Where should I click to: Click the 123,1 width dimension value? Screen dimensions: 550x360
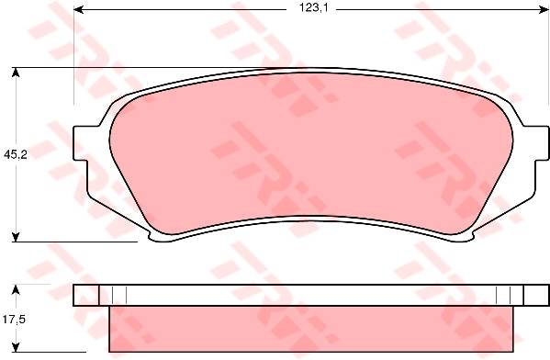coord(313,8)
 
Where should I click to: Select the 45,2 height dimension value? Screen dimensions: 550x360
coord(16,154)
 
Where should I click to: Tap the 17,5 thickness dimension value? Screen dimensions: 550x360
coord(14,320)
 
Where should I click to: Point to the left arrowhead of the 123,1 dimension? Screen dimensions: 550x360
coord(78,9)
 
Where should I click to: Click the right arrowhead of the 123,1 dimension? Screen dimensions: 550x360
coord(545,9)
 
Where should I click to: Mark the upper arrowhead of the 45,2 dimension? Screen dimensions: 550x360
coord(15,72)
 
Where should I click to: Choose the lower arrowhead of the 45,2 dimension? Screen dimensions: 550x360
coord(15,237)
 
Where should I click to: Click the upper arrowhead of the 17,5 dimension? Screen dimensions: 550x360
coord(15,289)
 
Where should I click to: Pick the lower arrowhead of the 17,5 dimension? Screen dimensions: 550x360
coord(15,347)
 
